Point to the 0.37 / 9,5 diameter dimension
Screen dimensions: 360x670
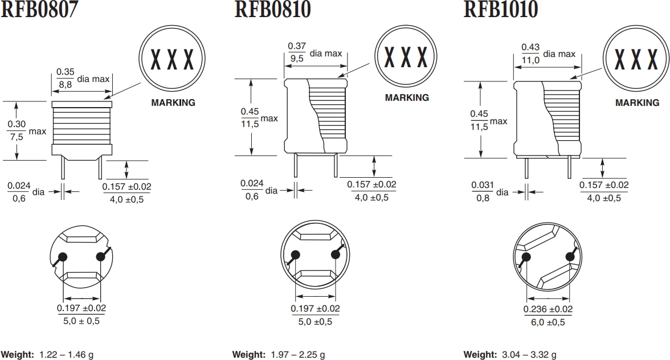click(x=297, y=52)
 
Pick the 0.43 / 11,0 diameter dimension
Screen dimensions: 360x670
click(x=530, y=54)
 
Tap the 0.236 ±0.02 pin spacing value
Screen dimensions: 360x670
click(x=548, y=309)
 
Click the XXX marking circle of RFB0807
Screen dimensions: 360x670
click(x=171, y=59)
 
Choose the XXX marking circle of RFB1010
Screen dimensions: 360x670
click(x=636, y=59)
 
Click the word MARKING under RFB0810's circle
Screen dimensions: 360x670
click(x=407, y=97)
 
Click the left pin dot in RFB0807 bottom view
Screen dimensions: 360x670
click(x=63, y=256)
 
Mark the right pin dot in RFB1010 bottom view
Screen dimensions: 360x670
click(x=570, y=257)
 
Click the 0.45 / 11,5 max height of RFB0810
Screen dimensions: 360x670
click(x=250, y=117)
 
